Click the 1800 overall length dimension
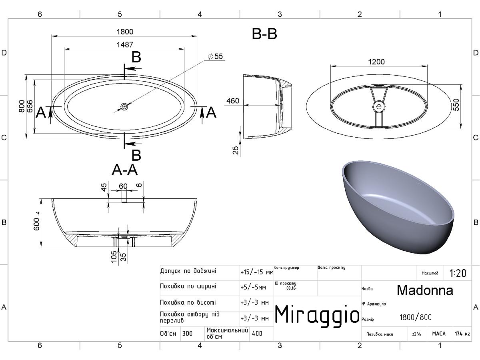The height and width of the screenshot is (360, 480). click(x=125, y=32)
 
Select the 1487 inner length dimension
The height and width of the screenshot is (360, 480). click(x=125, y=45)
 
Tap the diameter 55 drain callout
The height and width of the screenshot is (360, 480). click(x=215, y=56)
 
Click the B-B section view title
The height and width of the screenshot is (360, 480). click(x=264, y=34)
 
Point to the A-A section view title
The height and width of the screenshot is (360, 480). click(x=125, y=170)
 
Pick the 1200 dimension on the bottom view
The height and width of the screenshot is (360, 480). click(x=376, y=62)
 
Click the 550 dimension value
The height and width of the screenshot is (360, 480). click(x=456, y=105)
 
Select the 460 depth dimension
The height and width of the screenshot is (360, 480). click(x=233, y=101)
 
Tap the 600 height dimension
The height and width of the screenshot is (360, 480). click(x=36, y=221)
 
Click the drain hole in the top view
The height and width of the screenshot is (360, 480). click(x=124, y=107)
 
